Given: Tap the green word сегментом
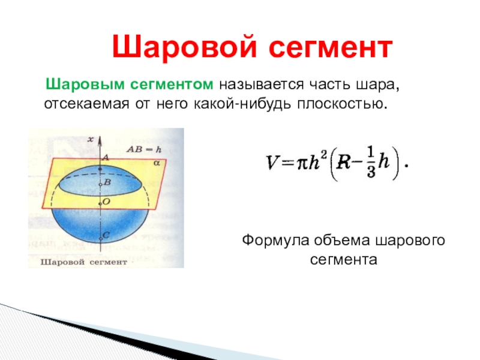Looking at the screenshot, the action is click(172, 85).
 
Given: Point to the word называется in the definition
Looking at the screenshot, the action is click(261, 85).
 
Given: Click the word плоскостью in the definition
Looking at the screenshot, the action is click(342, 104).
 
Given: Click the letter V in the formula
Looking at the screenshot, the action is click(272, 162).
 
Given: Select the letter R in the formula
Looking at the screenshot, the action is click(343, 162).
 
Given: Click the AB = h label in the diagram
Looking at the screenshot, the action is click(144, 149).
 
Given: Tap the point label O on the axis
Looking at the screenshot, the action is click(106, 202).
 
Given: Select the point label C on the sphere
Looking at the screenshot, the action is click(106, 235).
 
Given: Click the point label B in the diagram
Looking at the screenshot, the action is click(107, 182).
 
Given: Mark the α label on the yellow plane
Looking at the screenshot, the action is click(157, 163).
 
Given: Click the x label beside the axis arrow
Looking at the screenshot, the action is click(91, 140).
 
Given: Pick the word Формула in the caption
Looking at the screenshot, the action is click(275, 241).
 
